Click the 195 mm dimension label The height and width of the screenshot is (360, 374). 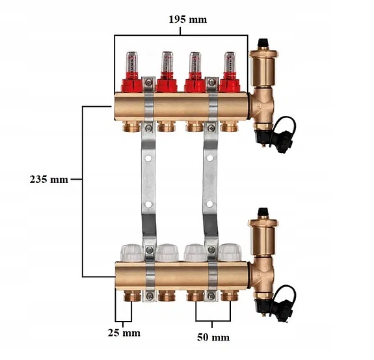(x=188, y=20)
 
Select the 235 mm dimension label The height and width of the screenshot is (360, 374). (x=49, y=179)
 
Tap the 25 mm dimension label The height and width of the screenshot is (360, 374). (x=124, y=333)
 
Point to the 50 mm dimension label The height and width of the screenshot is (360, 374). (x=213, y=337)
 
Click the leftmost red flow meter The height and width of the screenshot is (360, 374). (x=132, y=72)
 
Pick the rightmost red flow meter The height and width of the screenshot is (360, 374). (x=230, y=72)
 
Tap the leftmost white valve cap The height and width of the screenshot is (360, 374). (x=132, y=253)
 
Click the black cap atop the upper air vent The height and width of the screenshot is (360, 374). (x=263, y=43)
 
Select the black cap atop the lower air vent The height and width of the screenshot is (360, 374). (x=263, y=212)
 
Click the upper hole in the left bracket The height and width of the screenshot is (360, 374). (x=148, y=158)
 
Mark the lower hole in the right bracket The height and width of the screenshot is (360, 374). (x=209, y=204)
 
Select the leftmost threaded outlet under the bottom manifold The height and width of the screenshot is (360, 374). (x=132, y=296)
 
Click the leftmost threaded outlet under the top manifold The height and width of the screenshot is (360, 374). (x=131, y=127)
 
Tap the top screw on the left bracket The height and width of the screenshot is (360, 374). (x=149, y=83)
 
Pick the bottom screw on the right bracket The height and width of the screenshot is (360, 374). (x=211, y=296)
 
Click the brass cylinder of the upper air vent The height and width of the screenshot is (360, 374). (x=263, y=69)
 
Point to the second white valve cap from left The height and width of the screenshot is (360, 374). (x=167, y=253)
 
